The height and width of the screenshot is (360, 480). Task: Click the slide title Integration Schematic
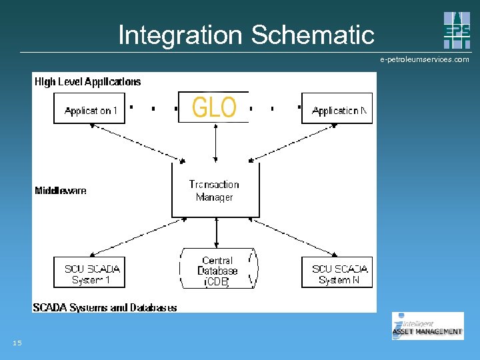point(246,35)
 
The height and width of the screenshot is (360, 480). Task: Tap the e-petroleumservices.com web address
point(425,59)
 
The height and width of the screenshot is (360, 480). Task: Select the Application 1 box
point(89,109)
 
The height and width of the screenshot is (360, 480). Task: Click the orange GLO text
point(214,107)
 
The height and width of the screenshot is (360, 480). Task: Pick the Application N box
point(337,109)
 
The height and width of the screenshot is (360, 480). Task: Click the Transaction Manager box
point(215,190)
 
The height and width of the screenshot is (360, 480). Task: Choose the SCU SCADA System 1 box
point(89,273)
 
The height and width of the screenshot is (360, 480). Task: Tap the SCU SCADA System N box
point(337,273)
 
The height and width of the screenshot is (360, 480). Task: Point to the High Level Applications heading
point(87,82)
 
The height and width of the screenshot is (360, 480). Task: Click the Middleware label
point(61,191)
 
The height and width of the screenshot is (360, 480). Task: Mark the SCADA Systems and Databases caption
point(105,307)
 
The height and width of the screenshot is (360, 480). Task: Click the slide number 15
point(17,343)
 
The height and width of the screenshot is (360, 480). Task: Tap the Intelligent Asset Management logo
point(427,326)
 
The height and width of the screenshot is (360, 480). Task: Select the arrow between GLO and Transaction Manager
point(215,143)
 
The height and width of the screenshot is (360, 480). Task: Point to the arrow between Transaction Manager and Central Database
point(216,233)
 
